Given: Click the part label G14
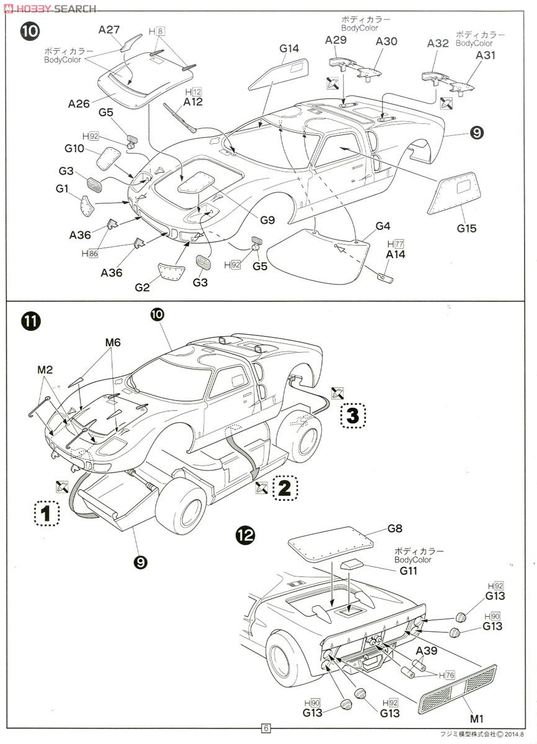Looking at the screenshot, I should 289,48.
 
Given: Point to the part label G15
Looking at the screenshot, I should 466,228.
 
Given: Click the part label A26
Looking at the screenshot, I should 79,104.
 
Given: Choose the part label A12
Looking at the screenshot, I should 193,102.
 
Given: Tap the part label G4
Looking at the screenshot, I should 383,226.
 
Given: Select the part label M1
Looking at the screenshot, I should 476,719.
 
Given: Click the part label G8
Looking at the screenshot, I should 395,529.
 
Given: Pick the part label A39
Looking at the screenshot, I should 428,650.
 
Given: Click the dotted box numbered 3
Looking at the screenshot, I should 352,416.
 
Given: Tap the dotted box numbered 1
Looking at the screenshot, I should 45,513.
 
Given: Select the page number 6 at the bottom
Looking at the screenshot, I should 265,728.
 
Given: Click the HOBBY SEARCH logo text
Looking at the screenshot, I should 50,8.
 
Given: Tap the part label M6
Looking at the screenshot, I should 112,342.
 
